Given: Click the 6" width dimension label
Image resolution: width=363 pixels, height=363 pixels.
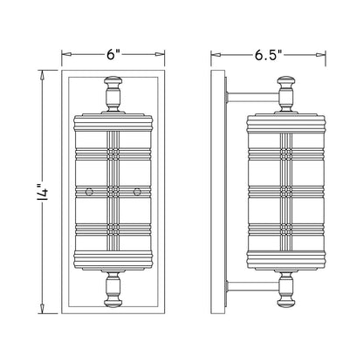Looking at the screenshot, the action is click(x=113, y=55).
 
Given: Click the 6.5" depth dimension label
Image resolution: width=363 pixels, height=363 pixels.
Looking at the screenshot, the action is click(x=269, y=55).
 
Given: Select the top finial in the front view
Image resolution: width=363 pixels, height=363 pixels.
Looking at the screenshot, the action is click(x=113, y=94).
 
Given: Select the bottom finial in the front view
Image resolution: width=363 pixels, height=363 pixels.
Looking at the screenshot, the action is click(x=113, y=288).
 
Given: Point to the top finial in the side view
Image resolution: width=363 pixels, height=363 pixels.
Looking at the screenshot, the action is click(x=286, y=94).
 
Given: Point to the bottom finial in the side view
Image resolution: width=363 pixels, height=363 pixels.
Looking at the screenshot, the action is click(x=286, y=288).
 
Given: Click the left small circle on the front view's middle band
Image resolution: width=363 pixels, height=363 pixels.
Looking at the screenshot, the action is click(x=89, y=191).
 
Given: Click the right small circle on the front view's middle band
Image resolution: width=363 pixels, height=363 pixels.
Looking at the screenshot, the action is click(x=137, y=191).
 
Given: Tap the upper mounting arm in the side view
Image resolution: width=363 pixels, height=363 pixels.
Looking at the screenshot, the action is click(x=253, y=97).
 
